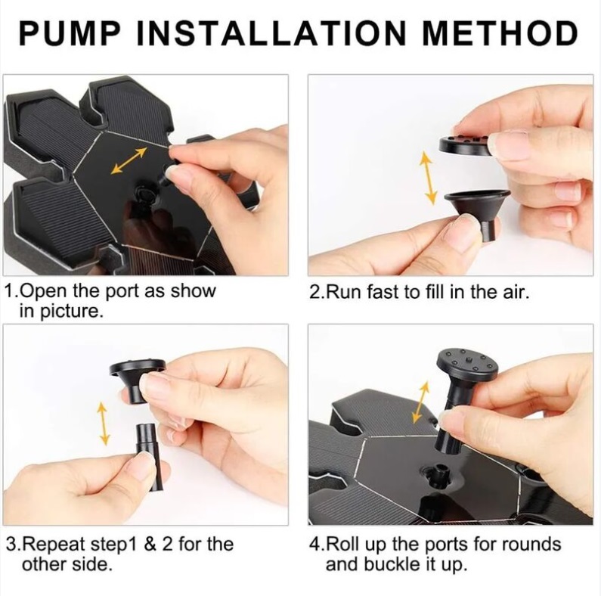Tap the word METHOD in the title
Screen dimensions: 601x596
tap(500, 33)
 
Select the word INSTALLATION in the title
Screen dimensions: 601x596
tap(271, 33)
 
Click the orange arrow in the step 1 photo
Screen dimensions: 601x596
tap(129, 160)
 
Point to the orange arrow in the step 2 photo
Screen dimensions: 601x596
tap(429, 178)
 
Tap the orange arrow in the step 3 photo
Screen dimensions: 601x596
tap(103, 424)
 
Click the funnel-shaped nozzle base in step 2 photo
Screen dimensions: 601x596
tap(478, 213)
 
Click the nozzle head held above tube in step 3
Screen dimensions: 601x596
tap(138, 380)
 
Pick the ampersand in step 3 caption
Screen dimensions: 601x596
tap(150, 545)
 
